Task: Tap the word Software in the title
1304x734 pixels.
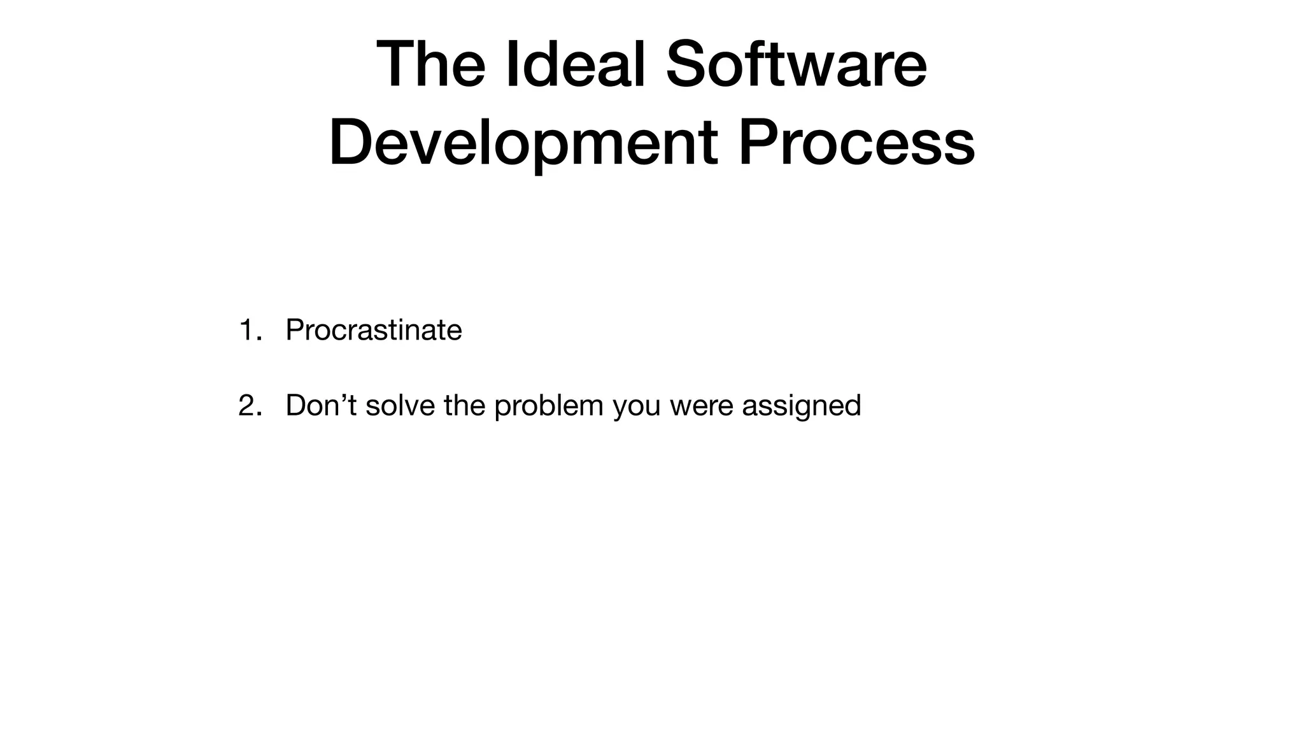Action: (796, 65)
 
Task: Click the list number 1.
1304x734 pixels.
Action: (247, 330)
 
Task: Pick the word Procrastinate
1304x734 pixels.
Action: (374, 330)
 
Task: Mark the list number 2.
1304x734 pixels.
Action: (248, 405)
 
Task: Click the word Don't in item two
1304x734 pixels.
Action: (321, 405)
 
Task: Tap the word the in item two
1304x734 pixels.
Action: (464, 405)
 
